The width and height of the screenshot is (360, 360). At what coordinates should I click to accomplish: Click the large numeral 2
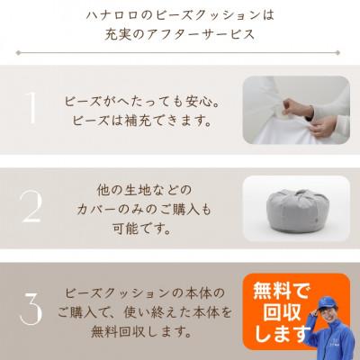(x=31, y=207)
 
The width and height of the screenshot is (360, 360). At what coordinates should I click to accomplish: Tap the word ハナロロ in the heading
(x=113, y=15)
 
